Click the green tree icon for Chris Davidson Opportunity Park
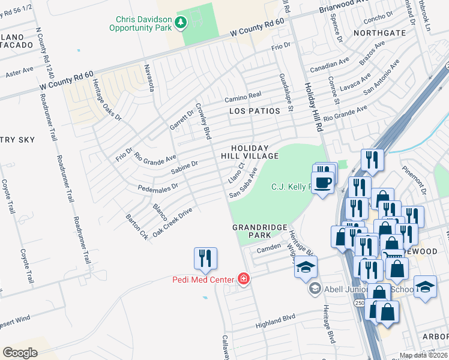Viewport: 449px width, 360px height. tap(181, 23)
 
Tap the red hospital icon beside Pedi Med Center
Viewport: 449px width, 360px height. tap(244, 278)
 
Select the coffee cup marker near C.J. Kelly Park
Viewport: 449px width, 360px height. tap(323, 182)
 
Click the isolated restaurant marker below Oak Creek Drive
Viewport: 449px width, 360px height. tap(205, 258)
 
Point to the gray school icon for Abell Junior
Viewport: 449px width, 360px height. tap(315, 289)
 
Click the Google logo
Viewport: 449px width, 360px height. tap(20, 352)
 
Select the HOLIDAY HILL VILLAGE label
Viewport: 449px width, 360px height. tap(255, 152)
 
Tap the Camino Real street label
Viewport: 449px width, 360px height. tap(243, 95)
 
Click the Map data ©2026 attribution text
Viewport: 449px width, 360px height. tap(424, 355)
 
